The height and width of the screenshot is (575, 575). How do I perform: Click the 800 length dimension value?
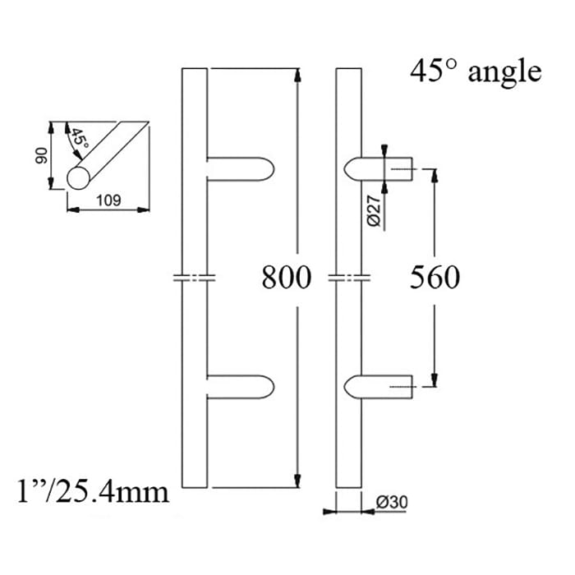(x=287, y=278)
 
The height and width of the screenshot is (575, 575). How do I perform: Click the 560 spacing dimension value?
(x=435, y=278)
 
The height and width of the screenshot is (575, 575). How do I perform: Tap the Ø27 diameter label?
(x=373, y=213)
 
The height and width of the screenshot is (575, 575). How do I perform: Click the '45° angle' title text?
(x=476, y=71)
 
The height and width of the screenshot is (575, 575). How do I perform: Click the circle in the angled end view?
(x=81, y=178)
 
